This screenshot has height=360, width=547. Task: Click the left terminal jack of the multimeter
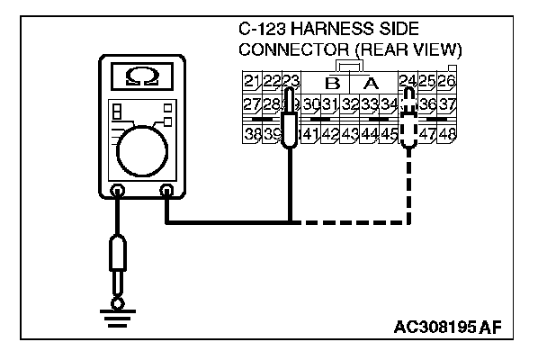point(117,191)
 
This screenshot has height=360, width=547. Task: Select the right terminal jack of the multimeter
point(166,191)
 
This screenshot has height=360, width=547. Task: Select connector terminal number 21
point(251,83)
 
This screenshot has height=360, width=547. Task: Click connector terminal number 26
point(447,83)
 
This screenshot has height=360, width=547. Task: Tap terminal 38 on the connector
point(251,135)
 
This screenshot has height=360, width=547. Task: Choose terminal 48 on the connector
point(447,135)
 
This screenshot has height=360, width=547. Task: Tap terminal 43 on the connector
point(351,135)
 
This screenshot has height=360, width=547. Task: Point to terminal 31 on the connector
point(330,107)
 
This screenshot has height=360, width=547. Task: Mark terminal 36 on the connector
point(428,107)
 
